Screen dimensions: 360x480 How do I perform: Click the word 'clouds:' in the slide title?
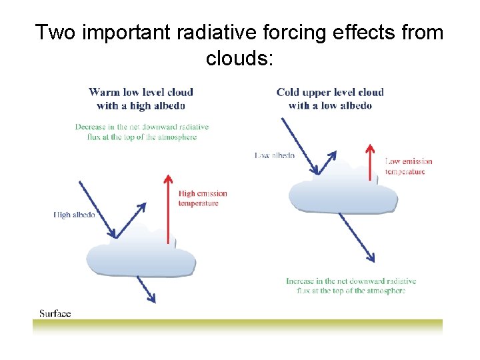click(x=239, y=58)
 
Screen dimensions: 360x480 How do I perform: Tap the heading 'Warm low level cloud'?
click(x=141, y=92)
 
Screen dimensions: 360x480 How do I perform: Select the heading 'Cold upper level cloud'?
click(x=330, y=92)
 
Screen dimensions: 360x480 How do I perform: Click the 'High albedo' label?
click(x=74, y=215)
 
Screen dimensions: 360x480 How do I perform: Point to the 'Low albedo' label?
click(x=275, y=155)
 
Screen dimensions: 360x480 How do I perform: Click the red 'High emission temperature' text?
click(x=203, y=198)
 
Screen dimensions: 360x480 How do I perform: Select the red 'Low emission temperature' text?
click(x=409, y=166)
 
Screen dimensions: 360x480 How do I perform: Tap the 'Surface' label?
click(x=55, y=313)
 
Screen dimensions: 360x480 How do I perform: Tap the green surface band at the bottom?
click(x=237, y=325)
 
